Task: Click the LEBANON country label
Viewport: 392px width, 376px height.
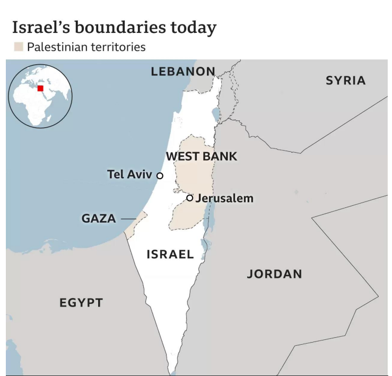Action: pyautogui.click(x=183, y=72)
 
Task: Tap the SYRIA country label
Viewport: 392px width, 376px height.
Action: pyautogui.click(x=345, y=80)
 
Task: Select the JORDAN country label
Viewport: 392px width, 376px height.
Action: pyautogui.click(x=274, y=274)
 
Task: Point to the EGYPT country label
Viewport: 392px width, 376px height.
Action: pyautogui.click(x=81, y=303)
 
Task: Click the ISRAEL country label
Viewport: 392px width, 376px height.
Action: pyautogui.click(x=170, y=254)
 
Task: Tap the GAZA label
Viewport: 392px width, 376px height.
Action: pyautogui.click(x=99, y=218)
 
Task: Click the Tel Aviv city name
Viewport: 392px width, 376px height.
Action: pyautogui.click(x=129, y=174)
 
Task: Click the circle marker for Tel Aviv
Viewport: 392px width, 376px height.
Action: pyautogui.click(x=160, y=176)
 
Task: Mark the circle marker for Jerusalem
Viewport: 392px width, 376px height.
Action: pyautogui.click(x=190, y=198)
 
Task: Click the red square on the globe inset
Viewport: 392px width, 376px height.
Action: pyautogui.click(x=40, y=89)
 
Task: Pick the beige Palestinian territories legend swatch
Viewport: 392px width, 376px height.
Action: pyautogui.click(x=19, y=47)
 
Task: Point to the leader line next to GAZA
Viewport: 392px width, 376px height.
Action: pyautogui.click(x=128, y=218)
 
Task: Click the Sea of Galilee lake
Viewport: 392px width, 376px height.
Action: pyautogui.click(x=215, y=113)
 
